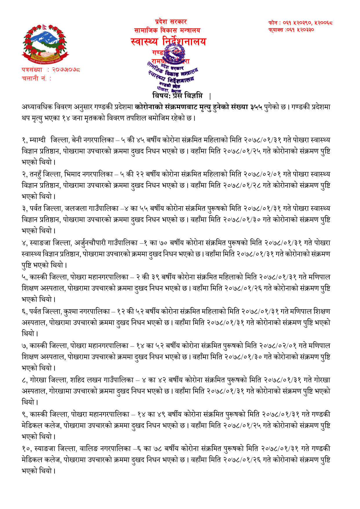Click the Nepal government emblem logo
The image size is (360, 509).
click(x=45, y=44)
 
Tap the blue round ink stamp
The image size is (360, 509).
click(x=173, y=70)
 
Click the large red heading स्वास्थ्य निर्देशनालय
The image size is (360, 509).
click(x=168, y=41)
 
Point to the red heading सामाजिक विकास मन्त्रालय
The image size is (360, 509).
click(x=167, y=30)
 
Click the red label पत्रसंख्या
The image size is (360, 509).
click(x=32, y=70)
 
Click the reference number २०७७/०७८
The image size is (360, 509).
click(x=66, y=70)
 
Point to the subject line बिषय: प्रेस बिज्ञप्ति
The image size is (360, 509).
click(x=178, y=95)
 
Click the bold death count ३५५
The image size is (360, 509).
click(x=256, y=107)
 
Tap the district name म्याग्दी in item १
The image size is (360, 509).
click(x=38, y=140)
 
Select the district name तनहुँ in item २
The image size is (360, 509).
click(x=35, y=174)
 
